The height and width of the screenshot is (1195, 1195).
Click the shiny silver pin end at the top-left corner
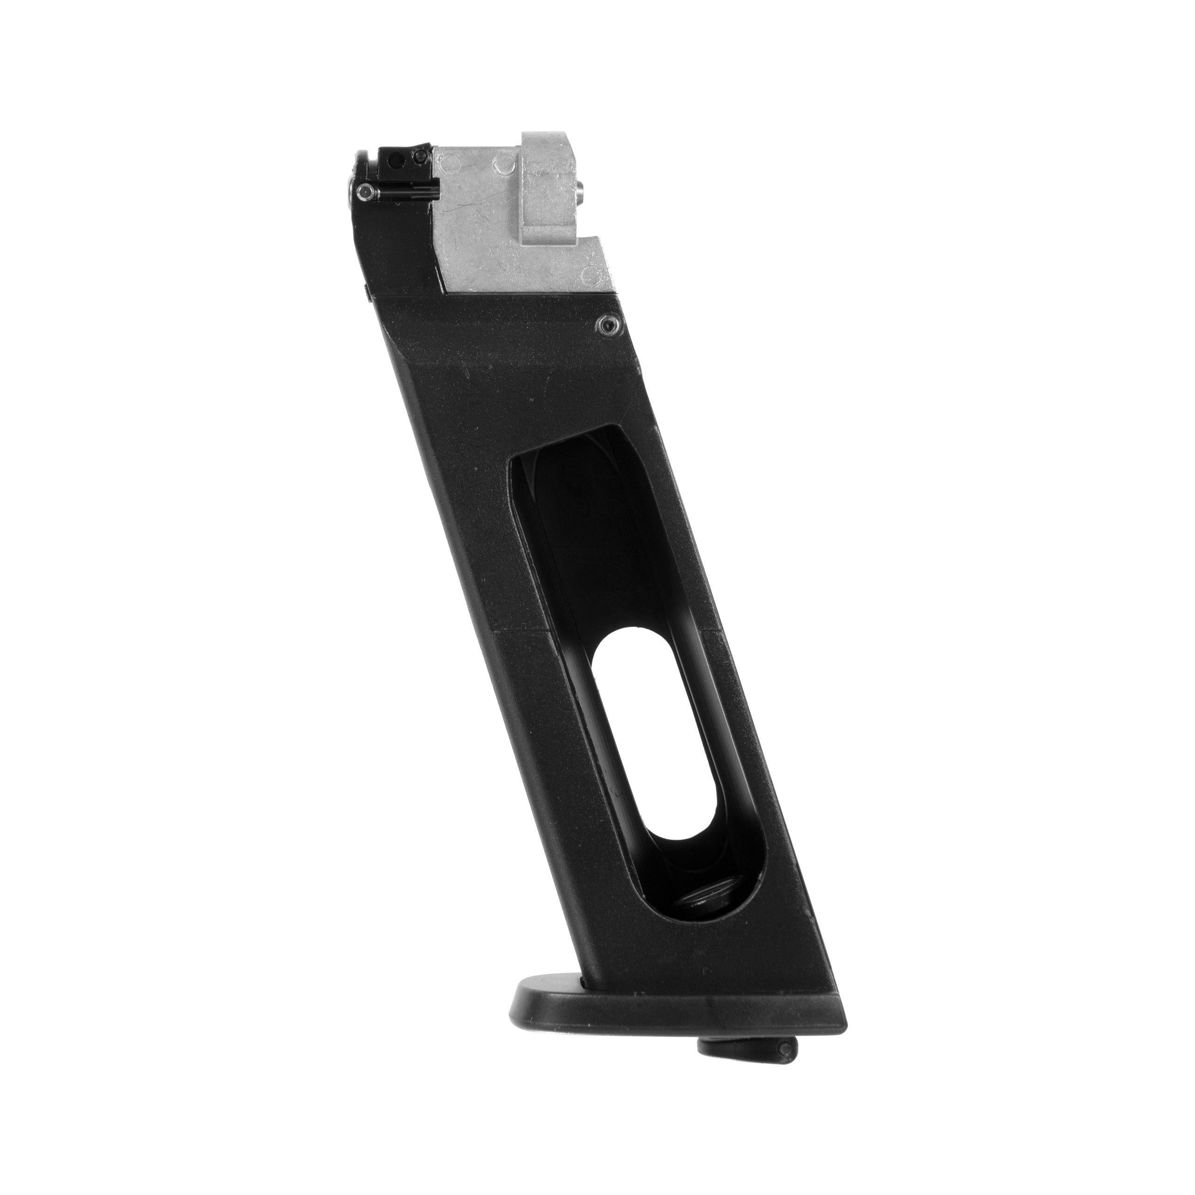click(x=364, y=192)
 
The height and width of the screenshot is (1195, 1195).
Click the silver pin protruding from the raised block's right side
click(x=583, y=190)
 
